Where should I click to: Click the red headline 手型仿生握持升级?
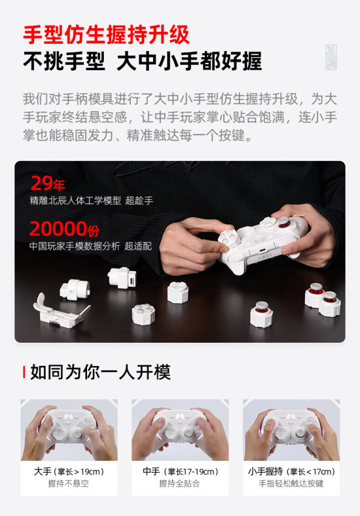coord(106,35)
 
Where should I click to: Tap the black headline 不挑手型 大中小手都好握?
coord(142,61)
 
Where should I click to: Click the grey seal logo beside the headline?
coord(331,57)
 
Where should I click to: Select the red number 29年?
coord(48,184)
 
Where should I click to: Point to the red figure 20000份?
coord(64,229)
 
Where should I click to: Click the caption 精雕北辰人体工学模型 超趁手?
coord(91,200)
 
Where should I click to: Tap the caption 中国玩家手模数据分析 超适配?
coord(91,246)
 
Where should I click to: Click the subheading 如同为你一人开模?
coord(100,372)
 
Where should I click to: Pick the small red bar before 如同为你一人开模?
coord(24,372)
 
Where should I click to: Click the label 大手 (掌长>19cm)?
coord(69,472)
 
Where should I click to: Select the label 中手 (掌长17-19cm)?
coord(181,472)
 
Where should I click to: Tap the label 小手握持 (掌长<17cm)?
coord(292,472)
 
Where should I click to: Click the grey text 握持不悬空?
coord(68,484)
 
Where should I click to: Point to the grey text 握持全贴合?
coord(179,484)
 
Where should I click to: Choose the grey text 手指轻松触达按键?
coord(291,484)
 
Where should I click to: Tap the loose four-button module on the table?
coord(143,314)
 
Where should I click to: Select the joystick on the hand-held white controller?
coord(284,223)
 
